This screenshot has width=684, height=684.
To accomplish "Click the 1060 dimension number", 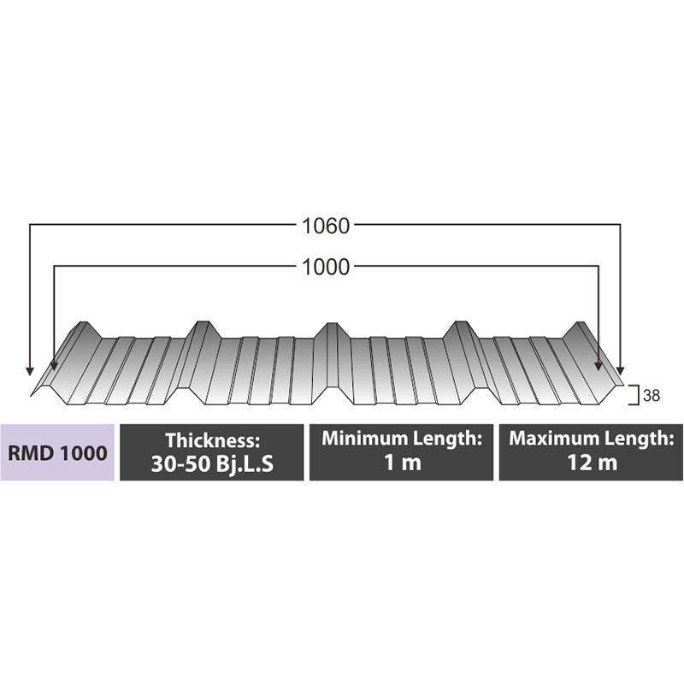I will click(326, 227).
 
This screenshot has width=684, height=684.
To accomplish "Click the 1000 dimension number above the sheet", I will click(326, 268).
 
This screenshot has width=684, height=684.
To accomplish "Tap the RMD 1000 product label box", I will click(57, 451).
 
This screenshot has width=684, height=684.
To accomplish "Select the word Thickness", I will click(211, 440).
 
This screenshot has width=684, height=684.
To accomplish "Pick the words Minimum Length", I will click(401, 439).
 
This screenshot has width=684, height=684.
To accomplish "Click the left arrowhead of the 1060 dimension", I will click(30, 369).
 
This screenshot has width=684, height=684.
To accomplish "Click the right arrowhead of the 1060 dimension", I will click(621, 369).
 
